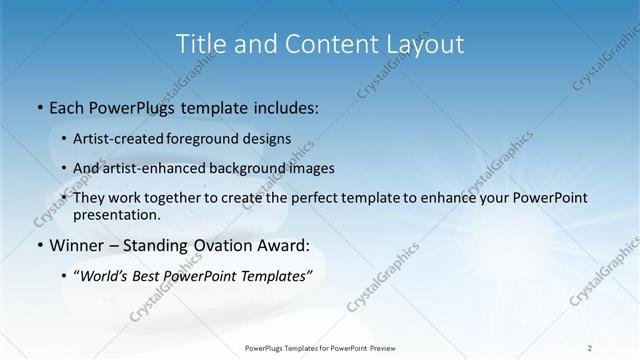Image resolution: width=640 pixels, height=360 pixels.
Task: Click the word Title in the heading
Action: (200, 44)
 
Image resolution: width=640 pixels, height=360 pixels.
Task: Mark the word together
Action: (188, 198)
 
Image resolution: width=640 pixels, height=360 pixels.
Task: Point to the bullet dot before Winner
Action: (38, 245)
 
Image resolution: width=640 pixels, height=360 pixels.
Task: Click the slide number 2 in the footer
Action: (590, 347)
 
